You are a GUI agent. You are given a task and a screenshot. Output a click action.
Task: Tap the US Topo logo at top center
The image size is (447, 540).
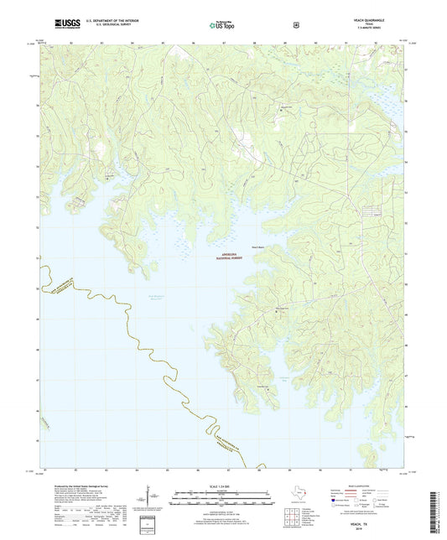(x=223, y=25)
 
